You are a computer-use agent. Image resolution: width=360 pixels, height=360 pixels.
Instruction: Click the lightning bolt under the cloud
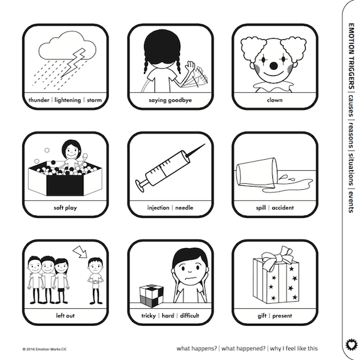pyautogui.click(x=73, y=62)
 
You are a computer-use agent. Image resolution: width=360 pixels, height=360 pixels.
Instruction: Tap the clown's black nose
pyautogui.click(x=274, y=66)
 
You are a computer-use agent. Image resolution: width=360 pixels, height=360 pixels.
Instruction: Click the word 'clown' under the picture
pyautogui.click(x=275, y=100)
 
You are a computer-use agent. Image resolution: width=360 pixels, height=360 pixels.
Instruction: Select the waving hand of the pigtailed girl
pyautogui.click(x=190, y=66)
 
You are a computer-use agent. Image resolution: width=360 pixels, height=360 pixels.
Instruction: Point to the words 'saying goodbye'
pyautogui.click(x=170, y=100)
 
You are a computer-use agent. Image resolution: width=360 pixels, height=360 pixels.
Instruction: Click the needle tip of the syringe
pyautogui.click(x=204, y=145)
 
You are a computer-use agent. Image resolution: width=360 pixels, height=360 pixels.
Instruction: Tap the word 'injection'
pyautogui.click(x=158, y=207)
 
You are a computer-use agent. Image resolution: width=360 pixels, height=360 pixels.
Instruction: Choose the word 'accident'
pyautogui.click(x=283, y=207)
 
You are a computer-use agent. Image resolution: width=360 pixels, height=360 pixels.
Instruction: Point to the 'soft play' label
pyautogui.click(x=65, y=207)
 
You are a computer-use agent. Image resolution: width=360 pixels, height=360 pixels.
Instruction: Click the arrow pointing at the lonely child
pyautogui.click(x=80, y=251)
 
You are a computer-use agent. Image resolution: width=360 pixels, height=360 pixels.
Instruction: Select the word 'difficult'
pyautogui.click(x=189, y=315)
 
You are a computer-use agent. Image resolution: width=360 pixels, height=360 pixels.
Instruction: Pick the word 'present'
pyautogui.click(x=282, y=316)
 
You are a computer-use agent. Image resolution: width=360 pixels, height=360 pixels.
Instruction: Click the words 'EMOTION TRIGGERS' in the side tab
pyautogui.click(x=351, y=56)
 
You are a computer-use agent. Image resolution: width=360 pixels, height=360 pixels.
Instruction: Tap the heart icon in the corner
pyautogui.click(x=351, y=344)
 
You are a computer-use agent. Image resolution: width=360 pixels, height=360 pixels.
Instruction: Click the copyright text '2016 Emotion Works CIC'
pyautogui.click(x=46, y=350)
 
